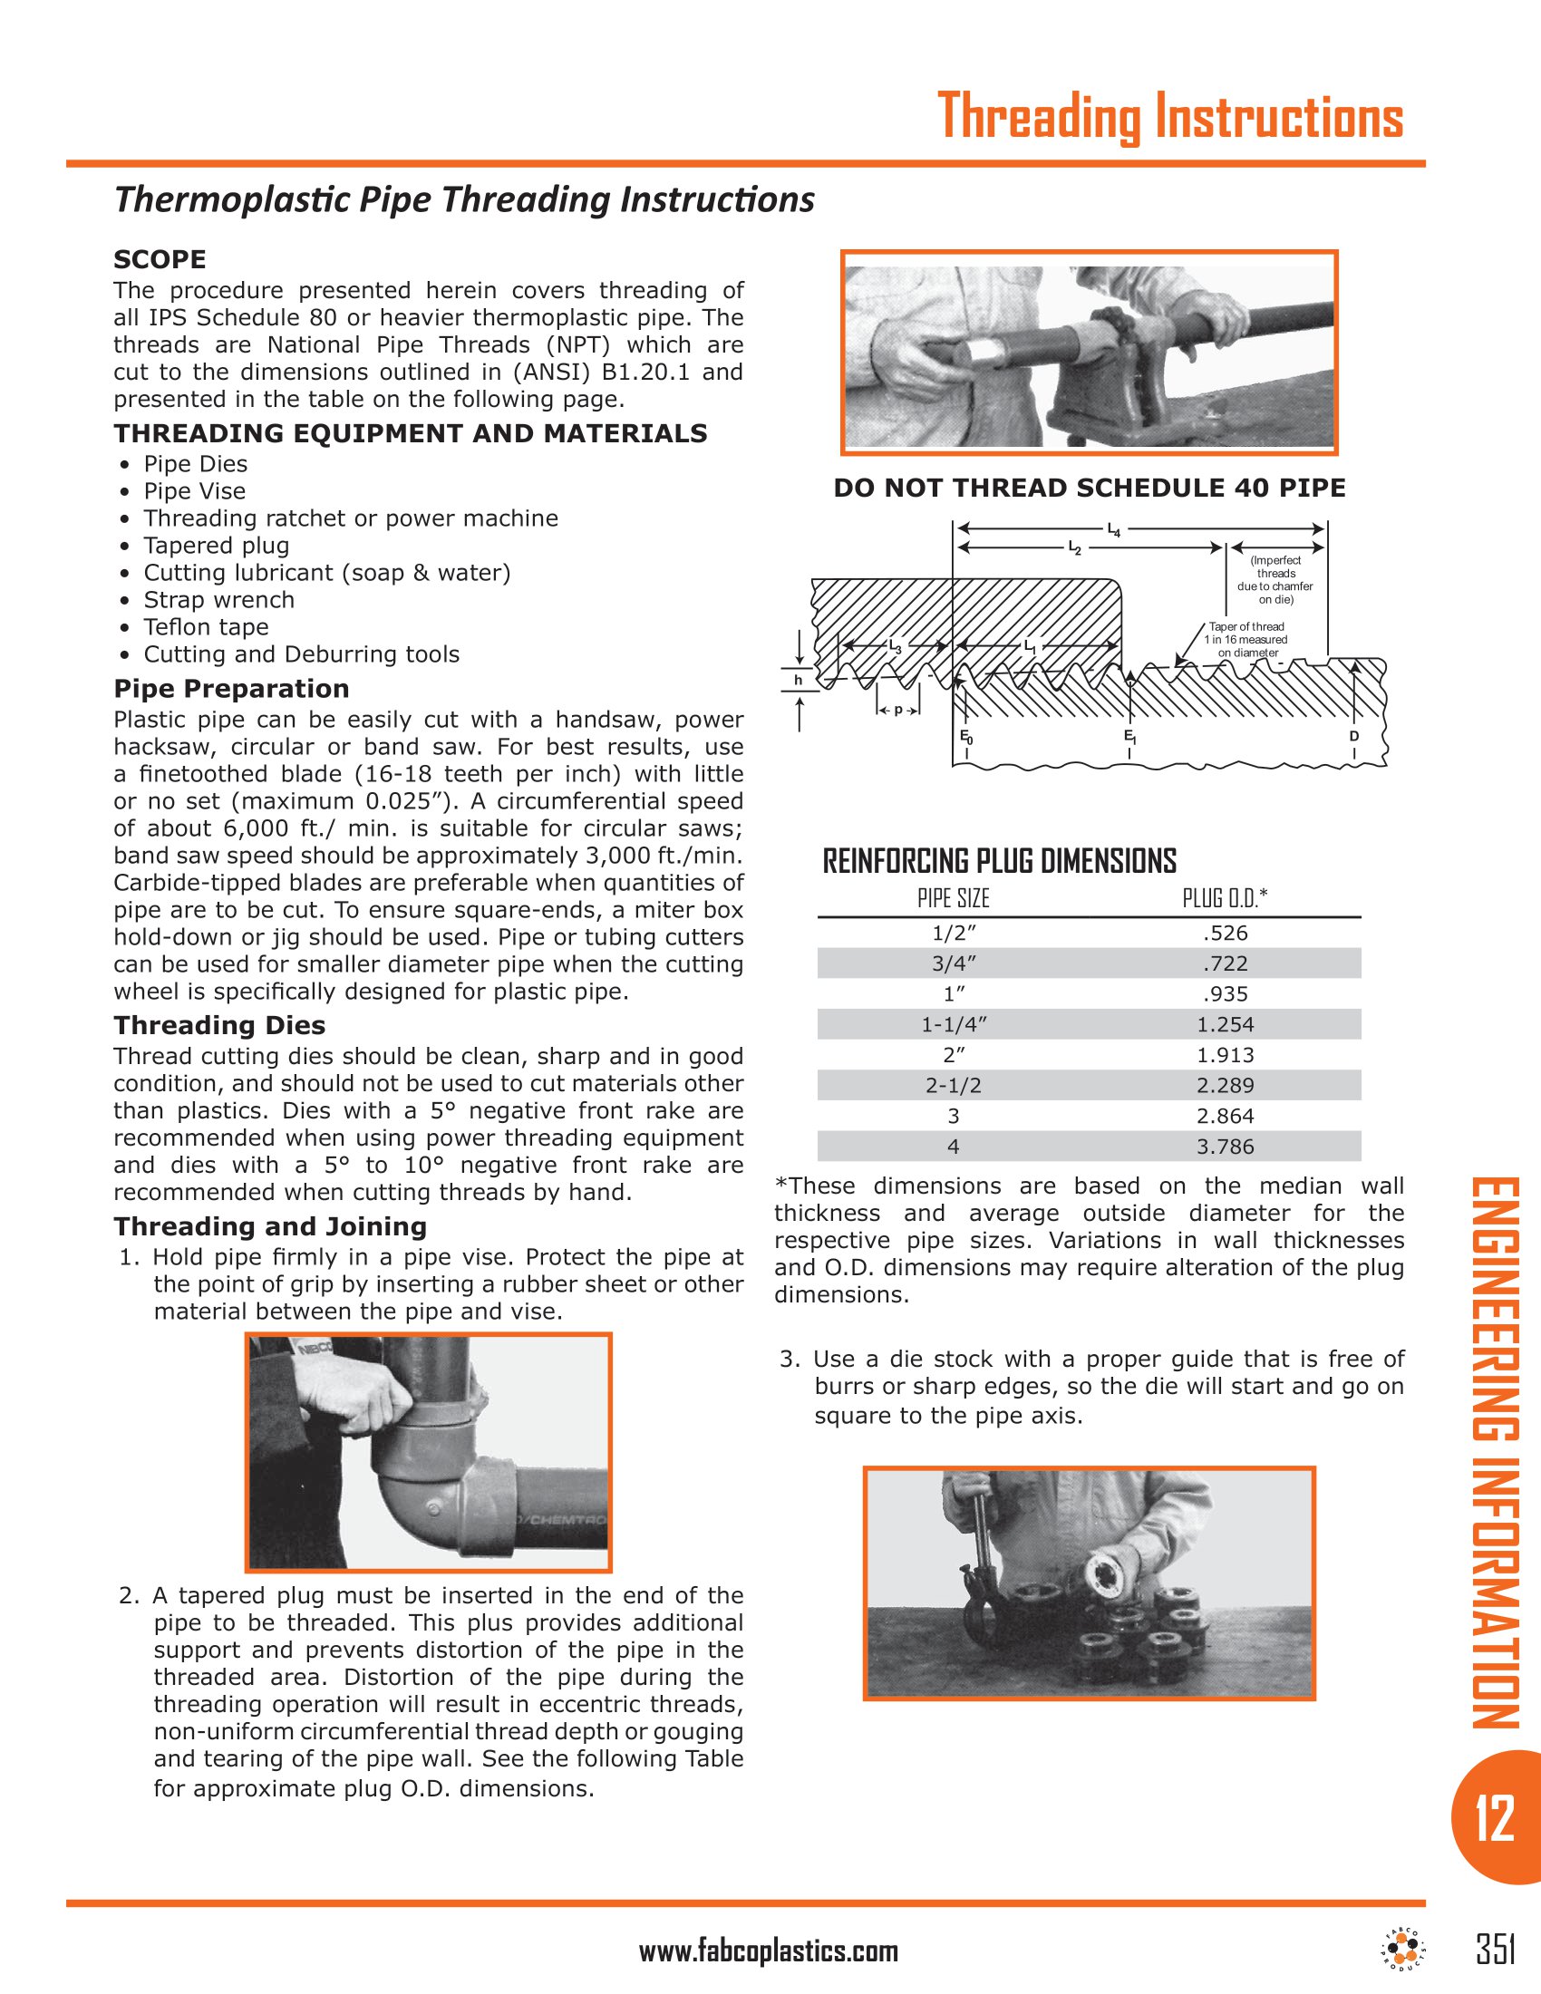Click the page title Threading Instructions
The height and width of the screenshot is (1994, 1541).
click(1169, 117)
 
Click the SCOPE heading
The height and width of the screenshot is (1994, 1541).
click(160, 259)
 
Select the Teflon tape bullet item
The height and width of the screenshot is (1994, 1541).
click(206, 627)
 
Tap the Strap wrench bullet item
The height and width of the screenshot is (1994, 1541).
click(218, 600)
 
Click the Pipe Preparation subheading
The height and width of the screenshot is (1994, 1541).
click(231, 689)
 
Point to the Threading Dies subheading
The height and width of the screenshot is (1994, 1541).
click(219, 1025)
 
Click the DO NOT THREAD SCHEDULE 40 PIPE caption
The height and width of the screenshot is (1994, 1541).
click(1089, 488)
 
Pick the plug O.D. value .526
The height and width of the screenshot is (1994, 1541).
click(1226, 933)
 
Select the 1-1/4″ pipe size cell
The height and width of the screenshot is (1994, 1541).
click(954, 1024)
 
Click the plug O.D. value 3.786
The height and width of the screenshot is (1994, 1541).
click(1226, 1147)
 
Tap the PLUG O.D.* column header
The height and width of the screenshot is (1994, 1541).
click(1226, 898)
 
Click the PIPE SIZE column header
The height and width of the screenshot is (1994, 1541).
click(953, 898)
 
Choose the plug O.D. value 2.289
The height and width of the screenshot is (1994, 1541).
click(1226, 1086)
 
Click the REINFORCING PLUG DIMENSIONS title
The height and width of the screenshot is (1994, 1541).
click(999, 861)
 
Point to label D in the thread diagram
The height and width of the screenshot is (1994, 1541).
click(1354, 736)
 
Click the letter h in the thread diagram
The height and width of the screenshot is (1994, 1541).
click(798, 680)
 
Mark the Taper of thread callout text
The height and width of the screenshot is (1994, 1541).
click(1247, 639)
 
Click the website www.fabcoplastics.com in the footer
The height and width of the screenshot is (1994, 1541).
click(768, 1952)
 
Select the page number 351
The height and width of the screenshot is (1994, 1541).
click(1496, 1950)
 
